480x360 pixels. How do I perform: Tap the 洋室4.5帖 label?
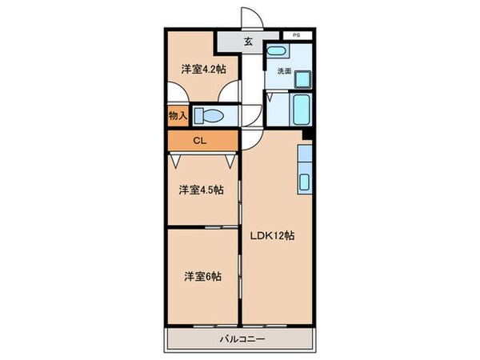tap(201, 190)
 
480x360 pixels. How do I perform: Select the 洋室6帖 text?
tap(202, 276)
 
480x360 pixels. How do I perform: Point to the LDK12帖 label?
tap(274, 236)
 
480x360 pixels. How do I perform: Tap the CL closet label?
tap(202, 141)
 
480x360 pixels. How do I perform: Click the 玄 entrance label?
tap(248, 42)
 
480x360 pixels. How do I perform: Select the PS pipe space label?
tap(297, 35)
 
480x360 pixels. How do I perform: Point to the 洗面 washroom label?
tap(284, 71)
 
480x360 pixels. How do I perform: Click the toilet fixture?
tap(210, 115)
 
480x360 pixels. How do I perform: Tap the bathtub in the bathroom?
tap(303, 106)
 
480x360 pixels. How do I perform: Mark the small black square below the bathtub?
tap(306, 133)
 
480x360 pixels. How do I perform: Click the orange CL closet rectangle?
tap(202, 141)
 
